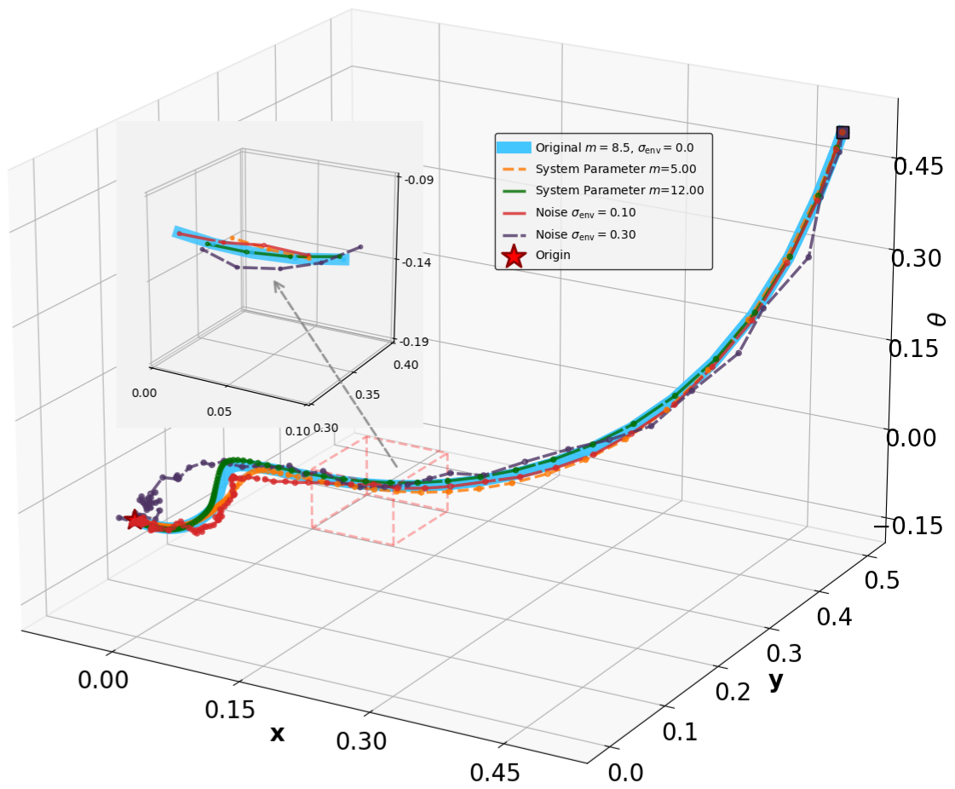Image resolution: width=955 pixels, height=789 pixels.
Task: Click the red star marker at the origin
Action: coord(135,519)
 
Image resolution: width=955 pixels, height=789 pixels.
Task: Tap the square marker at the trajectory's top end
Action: coord(843,132)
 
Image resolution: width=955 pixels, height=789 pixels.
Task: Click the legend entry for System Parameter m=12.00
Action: coord(619,190)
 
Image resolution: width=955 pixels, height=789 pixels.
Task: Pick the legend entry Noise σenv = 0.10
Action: coord(585,212)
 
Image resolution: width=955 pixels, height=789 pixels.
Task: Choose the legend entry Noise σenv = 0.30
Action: coord(585,233)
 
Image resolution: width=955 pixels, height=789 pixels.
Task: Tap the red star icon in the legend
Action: coord(514,256)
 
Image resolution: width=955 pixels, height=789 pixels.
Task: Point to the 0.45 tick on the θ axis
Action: coord(918,167)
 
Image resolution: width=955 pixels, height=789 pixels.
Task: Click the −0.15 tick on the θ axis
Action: coord(912,527)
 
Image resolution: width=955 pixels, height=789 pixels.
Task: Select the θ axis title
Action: coord(936,319)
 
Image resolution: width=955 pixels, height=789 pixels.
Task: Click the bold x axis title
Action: coord(277,734)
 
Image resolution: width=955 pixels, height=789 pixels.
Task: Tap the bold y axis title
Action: coord(775,680)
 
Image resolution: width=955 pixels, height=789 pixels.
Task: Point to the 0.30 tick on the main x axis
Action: coord(361,741)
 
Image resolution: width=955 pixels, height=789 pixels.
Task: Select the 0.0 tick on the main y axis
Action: coord(625,772)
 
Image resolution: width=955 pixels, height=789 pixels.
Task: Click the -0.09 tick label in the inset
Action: coord(419,180)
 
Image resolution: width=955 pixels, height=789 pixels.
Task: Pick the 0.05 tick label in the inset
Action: coord(219,412)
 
